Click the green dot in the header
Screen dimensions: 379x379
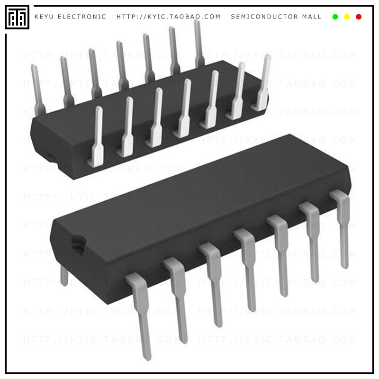coord(335,17)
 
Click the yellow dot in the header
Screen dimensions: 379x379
coord(347,17)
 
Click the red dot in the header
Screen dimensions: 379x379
coord(359,17)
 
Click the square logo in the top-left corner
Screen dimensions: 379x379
coord(17,17)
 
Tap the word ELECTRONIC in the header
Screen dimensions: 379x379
coord(82,17)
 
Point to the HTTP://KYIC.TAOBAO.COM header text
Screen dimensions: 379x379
coord(169,17)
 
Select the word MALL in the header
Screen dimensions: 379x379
coord(312,17)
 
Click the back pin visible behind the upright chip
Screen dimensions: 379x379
coord(64,276)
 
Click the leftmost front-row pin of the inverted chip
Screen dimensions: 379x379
coord(97,137)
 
